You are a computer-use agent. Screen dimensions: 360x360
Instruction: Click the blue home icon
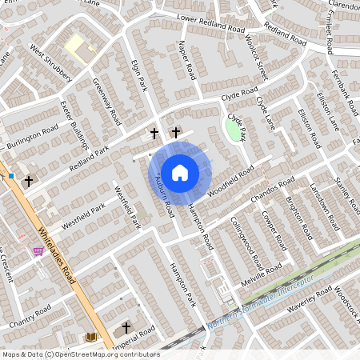[180, 172]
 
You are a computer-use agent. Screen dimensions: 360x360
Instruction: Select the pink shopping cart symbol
[38, 251]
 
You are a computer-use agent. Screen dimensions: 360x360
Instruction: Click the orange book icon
[90, 337]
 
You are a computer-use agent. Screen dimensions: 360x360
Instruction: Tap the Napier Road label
[186, 60]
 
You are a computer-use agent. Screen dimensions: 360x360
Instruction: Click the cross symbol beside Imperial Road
[126, 328]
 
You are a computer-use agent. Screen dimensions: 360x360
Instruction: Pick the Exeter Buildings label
[77, 126]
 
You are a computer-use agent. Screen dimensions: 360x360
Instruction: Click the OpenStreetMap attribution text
[80, 354]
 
